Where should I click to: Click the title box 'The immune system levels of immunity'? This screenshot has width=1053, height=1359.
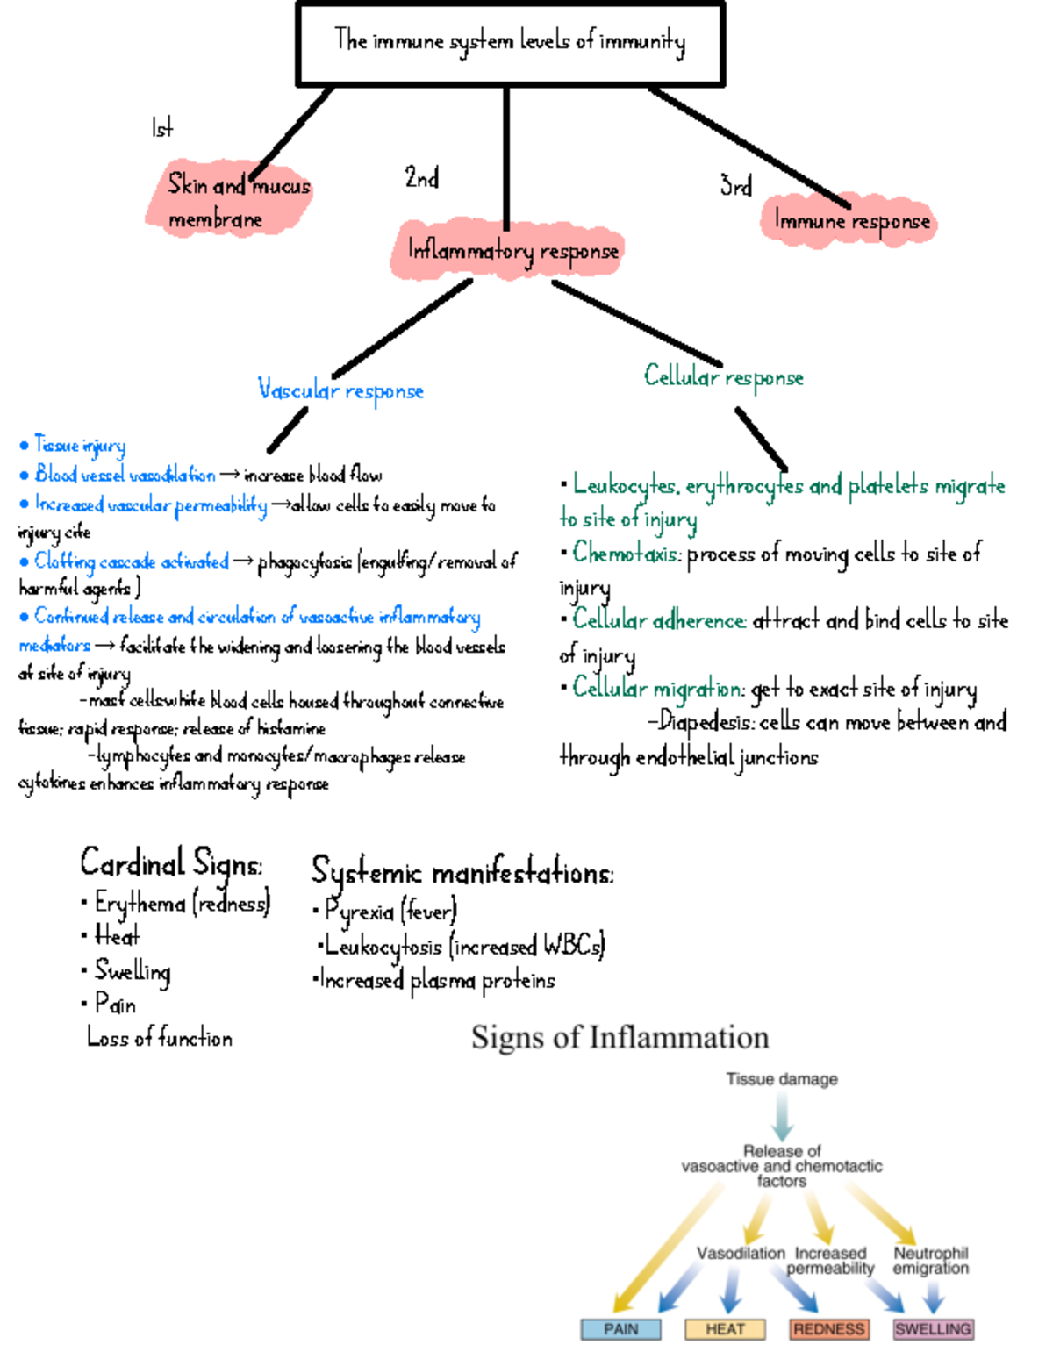click(x=510, y=42)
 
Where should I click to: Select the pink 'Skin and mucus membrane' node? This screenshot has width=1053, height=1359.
click(x=230, y=201)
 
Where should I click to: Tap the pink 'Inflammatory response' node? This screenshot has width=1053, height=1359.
click(x=511, y=251)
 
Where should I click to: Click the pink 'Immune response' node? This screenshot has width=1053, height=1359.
click(x=849, y=220)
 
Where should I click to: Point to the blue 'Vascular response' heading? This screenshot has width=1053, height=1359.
click(x=340, y=390)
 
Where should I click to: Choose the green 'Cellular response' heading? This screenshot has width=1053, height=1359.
click(x=723, y=377)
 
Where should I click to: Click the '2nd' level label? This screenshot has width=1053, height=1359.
click(x=421, y=178)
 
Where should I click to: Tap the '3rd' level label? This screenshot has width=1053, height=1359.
click(x=735, y=186)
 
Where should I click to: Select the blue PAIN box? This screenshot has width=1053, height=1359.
click(x=620, y=1329)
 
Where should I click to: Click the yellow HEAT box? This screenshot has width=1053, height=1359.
click(x=725, y=1329)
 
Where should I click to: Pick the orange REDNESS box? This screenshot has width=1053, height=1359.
click(x=828, y=1329)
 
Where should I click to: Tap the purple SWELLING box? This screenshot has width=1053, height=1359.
click(x=933, y=1329)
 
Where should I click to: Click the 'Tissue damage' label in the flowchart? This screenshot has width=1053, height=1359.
click(x=781, y=1079)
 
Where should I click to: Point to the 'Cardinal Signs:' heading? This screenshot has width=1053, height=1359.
click(x=171, y=863)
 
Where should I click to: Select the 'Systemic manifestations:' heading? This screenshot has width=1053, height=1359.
click(x=462, y=873)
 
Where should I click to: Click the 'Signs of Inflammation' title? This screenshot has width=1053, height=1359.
click(x=620, y=1038)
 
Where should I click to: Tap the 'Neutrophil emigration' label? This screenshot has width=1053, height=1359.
click(x=930, y=1261)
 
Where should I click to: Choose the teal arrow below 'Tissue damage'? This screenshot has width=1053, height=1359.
click(x=782, y=1116)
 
